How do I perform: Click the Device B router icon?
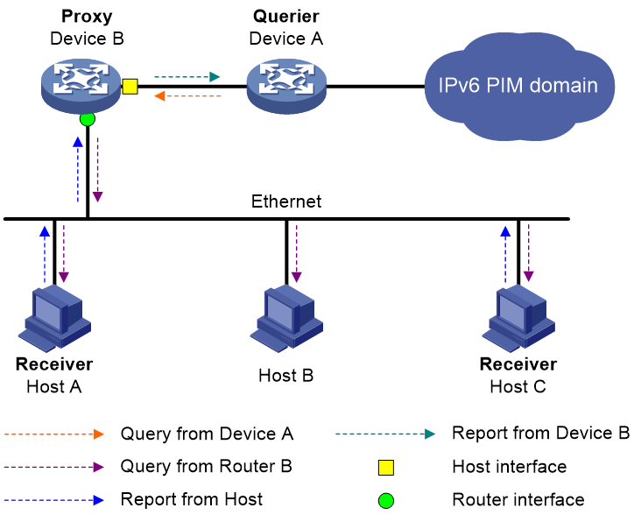tap(81, 87)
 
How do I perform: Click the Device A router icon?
tap(286, 87)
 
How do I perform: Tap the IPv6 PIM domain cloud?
tap(519, 86)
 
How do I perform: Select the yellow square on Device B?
tap(130, 87)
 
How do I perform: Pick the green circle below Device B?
tap(88, 119)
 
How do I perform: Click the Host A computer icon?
tap(54, 319)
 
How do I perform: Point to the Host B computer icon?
tap(286, 319)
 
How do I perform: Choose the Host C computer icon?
tap(518, 319)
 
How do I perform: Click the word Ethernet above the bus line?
tap(286, 201)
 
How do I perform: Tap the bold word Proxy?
tap(87, 17)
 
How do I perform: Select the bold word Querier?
tap(286, 17)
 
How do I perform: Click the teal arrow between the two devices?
tap(187, 76)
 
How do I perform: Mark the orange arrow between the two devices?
tap(187, 95)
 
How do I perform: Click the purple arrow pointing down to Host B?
tap(296, 254)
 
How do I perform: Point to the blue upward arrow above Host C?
tap(505, 255)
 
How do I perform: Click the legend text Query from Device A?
tap(207, 434)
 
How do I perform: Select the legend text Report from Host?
tap(192, 499)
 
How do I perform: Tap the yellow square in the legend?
tap(386, 467)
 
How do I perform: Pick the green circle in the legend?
tap(386, 500)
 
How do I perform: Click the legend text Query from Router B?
tap(206, 467)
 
